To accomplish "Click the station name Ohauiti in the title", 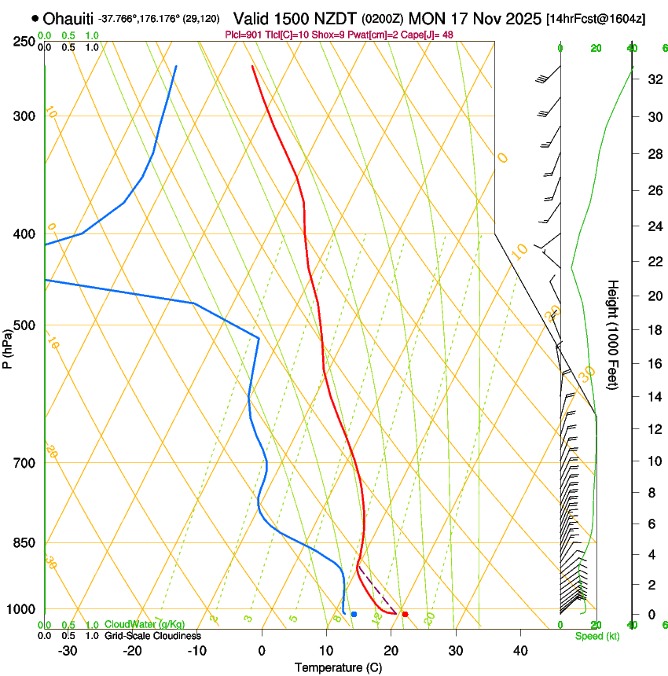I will pos(69,18).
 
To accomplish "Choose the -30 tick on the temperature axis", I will pos(68,651).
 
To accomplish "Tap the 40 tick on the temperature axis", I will pos(520,651).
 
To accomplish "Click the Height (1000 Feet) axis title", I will pos(614,335).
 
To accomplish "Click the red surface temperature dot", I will pos(405,614).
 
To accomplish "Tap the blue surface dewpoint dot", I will pos(354,614).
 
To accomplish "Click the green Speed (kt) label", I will pos(597,636).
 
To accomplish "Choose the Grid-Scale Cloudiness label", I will pos(152,635).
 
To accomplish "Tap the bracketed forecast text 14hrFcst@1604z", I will pos(595,18).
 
